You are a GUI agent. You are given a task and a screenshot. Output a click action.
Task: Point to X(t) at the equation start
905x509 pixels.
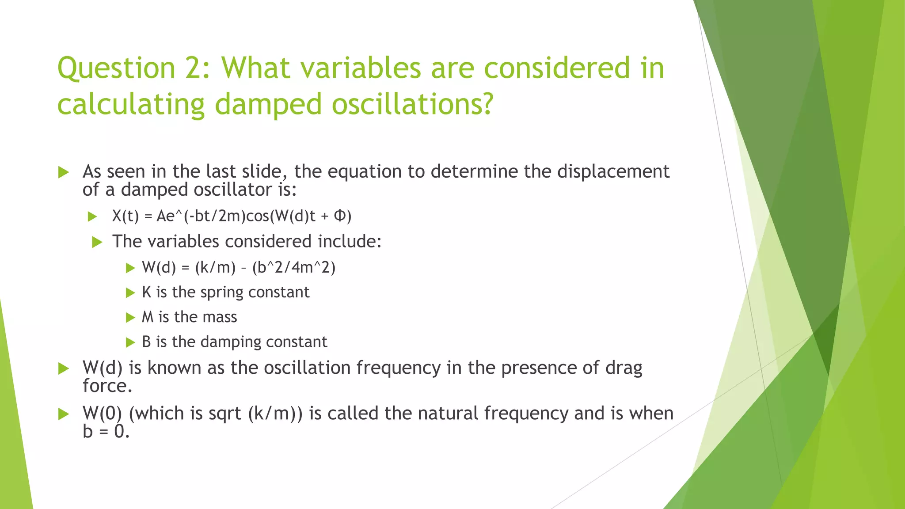pyautogui.click(x=125, y=216)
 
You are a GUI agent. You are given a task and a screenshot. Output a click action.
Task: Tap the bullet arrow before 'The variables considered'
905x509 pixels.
pyautogui.click(x=97, y=242)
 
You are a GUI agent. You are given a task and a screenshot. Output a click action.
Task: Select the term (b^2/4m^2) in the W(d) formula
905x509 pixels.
pyautogui.click(x=294, y=268)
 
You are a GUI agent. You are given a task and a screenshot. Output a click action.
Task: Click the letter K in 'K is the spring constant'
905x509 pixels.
pyautogui.click(x=146, y=292)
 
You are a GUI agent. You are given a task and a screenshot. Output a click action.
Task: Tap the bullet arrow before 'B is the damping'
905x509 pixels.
pyautogui.click(x=130, y=342)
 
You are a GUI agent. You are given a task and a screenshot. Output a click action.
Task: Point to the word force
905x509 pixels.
pyautogui.click(x=107, y=386)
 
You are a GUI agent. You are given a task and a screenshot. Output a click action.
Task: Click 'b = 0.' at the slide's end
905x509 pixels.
pyautogui.click(x=106, y=432)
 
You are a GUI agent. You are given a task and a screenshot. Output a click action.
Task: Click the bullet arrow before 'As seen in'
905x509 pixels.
pyautogui.click(x=64, y=172)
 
